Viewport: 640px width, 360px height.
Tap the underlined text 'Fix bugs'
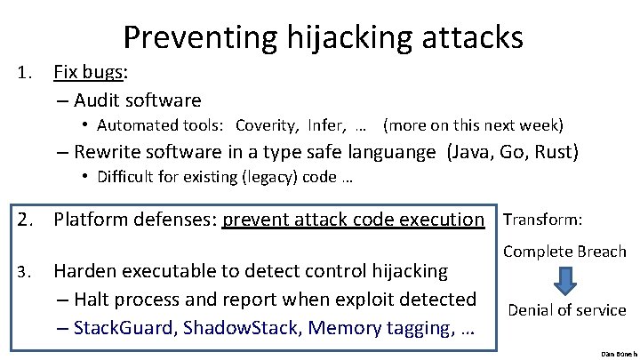coord(85,71)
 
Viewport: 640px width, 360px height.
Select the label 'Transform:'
coord(543,219)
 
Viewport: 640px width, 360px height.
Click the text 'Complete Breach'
coord(564,252)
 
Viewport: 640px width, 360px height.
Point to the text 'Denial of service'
coord(566,310)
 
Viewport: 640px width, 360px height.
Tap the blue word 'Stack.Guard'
coord(125,328)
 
